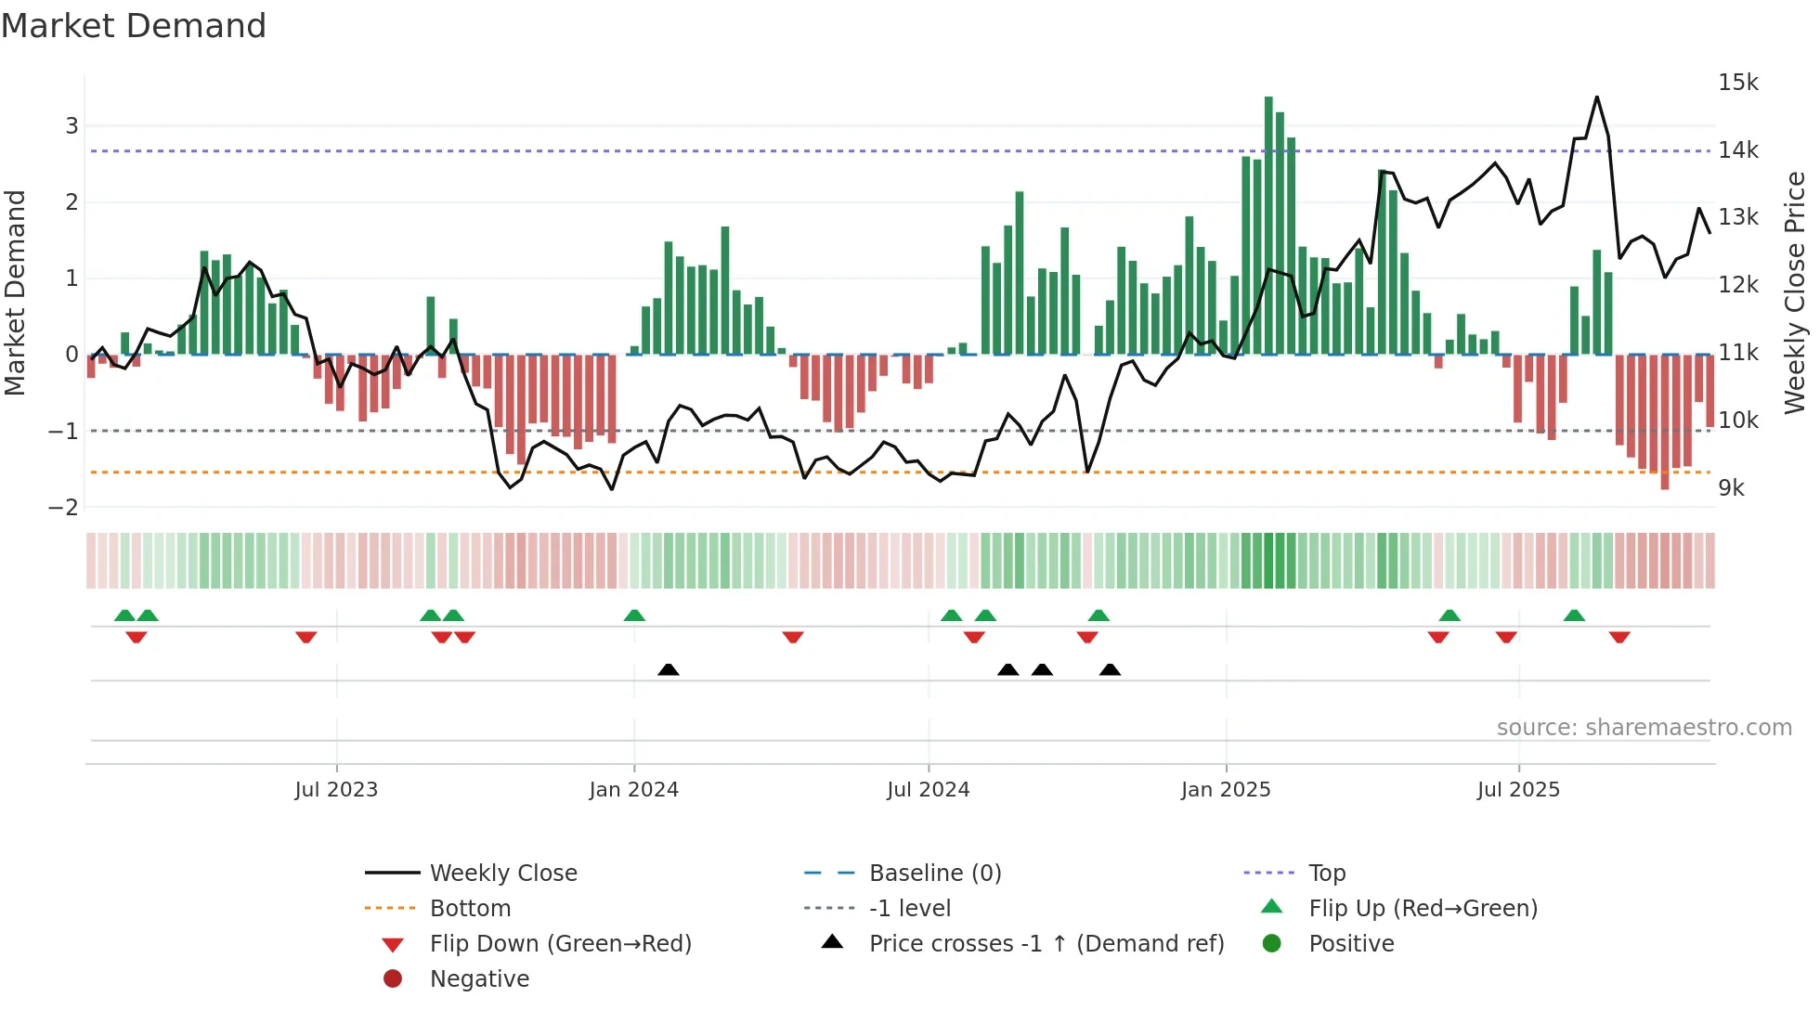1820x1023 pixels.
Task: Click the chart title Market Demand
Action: [x=134, y=26]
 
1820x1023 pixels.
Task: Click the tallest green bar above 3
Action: [x=1268, y=223]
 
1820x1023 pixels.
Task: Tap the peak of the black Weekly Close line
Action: [x=1597, y=97]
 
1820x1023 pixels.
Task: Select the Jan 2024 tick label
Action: [x=633, y=790]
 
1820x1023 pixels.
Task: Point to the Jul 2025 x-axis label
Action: [x=1518, y=790]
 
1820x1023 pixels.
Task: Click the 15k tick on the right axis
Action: [x=1737, y=83]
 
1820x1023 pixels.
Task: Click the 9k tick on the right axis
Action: [x=1731, y=488]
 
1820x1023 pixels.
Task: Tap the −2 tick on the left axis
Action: [x=64, y=508]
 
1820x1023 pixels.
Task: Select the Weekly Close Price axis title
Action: [x=1795, y=292]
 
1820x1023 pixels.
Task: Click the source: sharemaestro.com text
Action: [x=1644, y=728]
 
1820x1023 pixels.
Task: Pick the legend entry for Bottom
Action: [x=470, y=909]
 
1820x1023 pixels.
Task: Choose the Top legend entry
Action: [x=1327, y=874]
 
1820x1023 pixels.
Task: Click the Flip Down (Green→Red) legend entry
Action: [x=560, y=944]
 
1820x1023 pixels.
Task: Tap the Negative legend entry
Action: [x=479, y=979]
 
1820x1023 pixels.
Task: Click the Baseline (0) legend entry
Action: [x=935, y=874]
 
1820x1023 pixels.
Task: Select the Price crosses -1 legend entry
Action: [x=1046, y=944]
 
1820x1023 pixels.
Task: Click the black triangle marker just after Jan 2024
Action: [x=668, y=669]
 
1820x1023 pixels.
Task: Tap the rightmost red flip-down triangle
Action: [x=1619, y=637]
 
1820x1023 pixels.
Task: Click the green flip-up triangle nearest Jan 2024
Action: [x=634, y=615]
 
